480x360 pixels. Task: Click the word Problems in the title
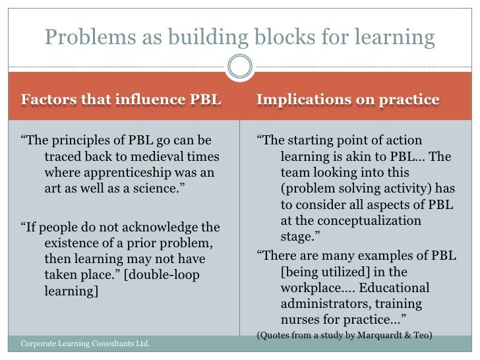(84, 37)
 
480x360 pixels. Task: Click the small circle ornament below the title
(239, 65)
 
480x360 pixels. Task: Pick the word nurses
(298, 320)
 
